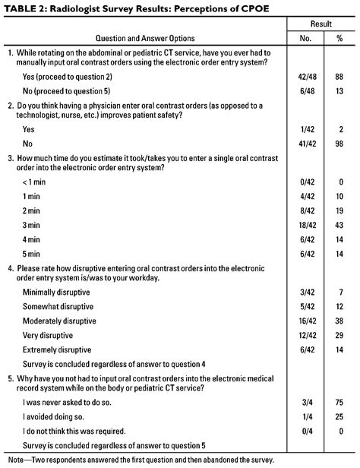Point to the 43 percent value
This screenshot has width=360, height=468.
click(x=339, y=226)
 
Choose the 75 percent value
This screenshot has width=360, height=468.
click(x=339, y=402)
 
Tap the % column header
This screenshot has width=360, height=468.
click(x=339, y=38)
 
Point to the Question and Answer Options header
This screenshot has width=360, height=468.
click(x=144, y=38)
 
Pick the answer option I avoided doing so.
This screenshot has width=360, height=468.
click(x=56, y=416)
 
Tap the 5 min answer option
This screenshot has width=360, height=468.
click(x=33, y=253)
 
